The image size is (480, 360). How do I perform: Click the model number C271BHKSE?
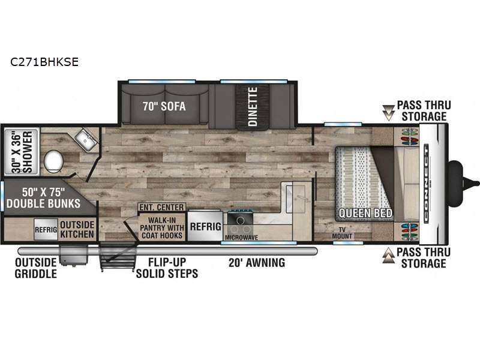click(44, 62)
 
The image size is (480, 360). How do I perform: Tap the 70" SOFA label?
click(164, 106)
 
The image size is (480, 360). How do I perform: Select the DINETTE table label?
click(253, 107)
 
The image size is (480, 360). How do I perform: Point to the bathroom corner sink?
click(86, 140)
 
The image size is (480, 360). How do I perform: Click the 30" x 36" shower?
click(22, 152)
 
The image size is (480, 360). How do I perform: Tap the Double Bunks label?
click(43, 198)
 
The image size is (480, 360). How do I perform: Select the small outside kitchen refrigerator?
click(46, 229)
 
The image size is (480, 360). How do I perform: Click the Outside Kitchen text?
click(77, 229)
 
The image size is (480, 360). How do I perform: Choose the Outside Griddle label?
click(36, 268)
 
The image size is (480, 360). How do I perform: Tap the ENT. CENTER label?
click(161, 207)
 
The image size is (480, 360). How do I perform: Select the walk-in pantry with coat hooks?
click(161, 227)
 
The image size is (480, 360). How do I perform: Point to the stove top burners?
click(241, 224)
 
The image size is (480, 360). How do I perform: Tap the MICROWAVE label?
click(242, 238)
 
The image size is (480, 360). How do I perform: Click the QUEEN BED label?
click(365, 213)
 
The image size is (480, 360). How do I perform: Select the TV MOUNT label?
click(342, 233)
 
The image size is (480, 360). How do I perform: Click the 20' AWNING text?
click(257, 263)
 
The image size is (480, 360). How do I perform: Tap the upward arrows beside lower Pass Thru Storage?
click(388, 256)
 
